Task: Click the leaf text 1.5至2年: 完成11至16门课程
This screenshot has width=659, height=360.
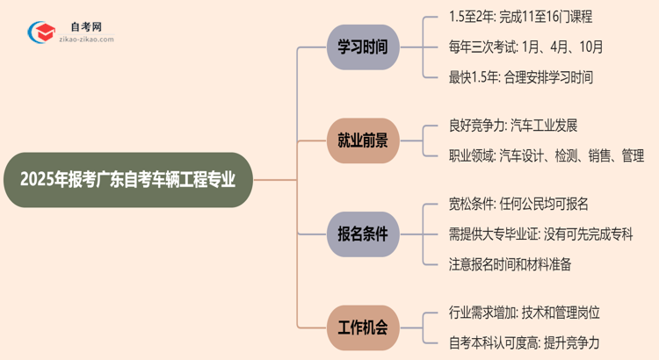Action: (520, 17)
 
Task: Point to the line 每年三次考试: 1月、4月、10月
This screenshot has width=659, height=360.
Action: (525, 47)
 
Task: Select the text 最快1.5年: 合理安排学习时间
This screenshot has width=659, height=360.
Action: (520, 77)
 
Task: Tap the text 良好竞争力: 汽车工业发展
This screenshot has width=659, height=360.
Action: (512, 125)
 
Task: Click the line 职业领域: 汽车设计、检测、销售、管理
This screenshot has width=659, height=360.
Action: (546, 155)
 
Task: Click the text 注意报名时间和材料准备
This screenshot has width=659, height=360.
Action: (510, 264)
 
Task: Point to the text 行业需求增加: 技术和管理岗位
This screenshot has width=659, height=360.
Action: (525, 313)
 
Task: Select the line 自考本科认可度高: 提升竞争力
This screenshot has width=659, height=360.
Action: (524, 343)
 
